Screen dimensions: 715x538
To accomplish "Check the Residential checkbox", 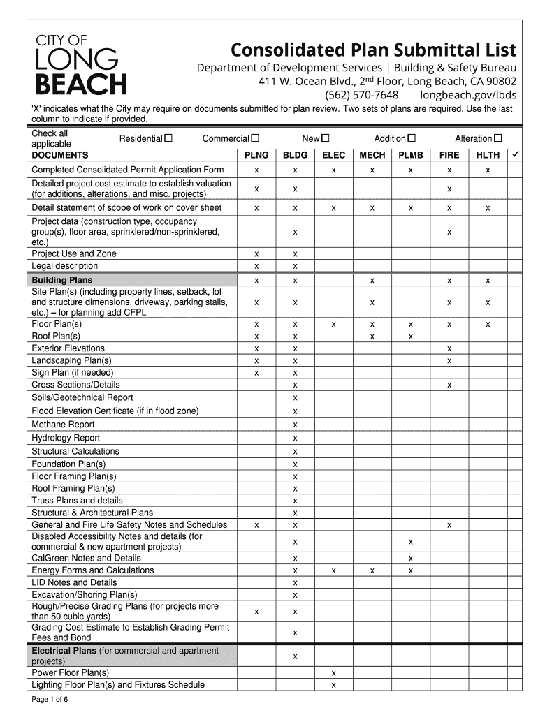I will tap(168, 139).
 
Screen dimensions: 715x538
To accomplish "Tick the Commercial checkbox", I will tap(255, 139).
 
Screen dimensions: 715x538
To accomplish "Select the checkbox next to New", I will tap(326, 139).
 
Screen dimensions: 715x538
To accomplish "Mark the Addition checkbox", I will tap(412, 139).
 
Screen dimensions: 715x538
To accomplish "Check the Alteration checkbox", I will tap(498, 139).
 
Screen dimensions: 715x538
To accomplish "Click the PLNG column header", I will tap(256, 155).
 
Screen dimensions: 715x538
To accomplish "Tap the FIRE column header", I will tap(449, 155).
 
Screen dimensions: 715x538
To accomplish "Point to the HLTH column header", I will tap(488, 155).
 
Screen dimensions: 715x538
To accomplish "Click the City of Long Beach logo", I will tap(81, 64).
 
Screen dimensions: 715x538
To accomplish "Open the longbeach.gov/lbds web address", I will tap(468, 95).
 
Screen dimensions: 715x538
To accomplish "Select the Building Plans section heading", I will tap(62, 281).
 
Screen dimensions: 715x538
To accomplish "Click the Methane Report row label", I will tap(63, 425).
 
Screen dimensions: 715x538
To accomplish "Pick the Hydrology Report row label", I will tap(66, 438).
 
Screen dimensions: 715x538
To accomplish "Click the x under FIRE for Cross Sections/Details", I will tap(449, 385).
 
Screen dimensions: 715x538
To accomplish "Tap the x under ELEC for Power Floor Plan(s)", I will tap(334, 673).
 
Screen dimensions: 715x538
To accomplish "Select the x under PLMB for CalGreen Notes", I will tap(411, 559).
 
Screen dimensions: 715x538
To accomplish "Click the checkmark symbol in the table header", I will tap(515, 154).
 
